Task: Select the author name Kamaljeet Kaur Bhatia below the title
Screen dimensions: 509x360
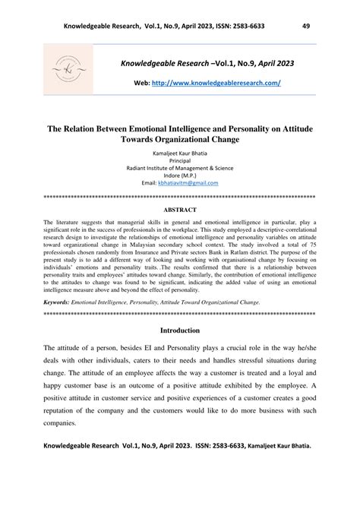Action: point(180,153)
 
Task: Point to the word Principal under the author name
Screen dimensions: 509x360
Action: point(180,160)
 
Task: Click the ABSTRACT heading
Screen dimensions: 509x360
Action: point(180,209)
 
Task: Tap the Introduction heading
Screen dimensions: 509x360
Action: point(180,330)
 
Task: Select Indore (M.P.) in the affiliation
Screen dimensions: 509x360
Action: point(180,175)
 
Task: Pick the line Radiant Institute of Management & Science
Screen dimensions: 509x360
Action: point(180,168)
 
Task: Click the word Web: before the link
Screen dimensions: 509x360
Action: point(144,81)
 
